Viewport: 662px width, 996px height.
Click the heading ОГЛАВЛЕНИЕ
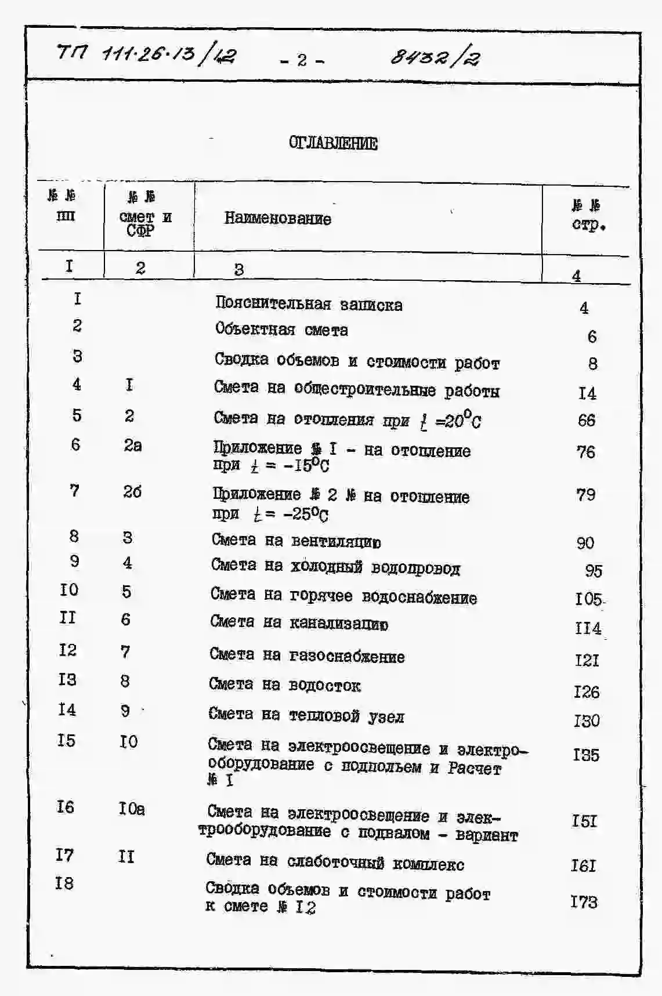(333, 143)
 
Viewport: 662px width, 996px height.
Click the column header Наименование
(277, 219)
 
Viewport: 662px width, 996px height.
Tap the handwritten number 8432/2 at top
(435, 57)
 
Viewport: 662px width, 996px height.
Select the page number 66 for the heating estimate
(587, 420)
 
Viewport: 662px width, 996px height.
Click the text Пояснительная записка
(309, 304)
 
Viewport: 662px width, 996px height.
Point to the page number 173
(584, 901)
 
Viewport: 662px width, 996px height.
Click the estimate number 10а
(132, 808)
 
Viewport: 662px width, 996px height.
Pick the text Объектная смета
(281, 329)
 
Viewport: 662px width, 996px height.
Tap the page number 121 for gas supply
(587, 660)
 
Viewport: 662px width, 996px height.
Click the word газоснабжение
(346, 657)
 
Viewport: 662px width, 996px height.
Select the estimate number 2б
(132, 492)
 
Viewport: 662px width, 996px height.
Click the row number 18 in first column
(64, 883)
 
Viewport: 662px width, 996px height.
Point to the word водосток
(324, 686)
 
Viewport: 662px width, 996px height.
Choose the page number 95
(593, 571)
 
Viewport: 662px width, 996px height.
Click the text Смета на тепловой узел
(306, 715)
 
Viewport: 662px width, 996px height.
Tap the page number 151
(584, 821)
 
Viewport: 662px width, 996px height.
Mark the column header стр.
(588, 224)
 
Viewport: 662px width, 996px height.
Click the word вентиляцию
(336, 542)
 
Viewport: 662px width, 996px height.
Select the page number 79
(586, 495)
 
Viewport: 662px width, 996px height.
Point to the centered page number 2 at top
(302, 60)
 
